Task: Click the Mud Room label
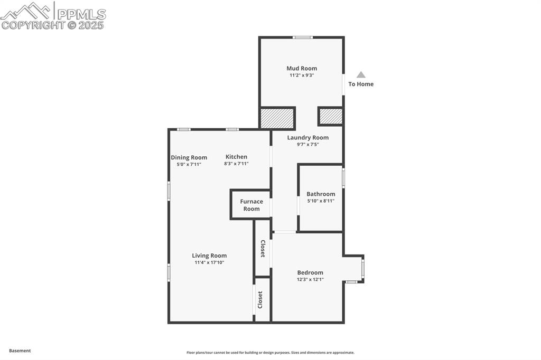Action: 302,68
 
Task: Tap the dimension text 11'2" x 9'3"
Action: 302,75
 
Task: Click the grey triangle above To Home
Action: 361,74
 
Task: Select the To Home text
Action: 361,84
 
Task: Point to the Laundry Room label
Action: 308,138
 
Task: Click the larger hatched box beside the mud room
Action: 277,118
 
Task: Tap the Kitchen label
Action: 236,157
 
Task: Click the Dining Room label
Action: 189,158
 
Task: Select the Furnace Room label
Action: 251,205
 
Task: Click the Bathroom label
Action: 321,194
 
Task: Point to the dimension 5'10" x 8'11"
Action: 321,201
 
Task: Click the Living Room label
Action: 209,255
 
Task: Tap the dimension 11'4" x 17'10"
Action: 209,262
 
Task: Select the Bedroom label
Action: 310,272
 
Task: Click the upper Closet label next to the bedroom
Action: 263,249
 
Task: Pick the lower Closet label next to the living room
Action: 260,300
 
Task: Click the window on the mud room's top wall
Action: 303,37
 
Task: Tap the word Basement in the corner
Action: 20,350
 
